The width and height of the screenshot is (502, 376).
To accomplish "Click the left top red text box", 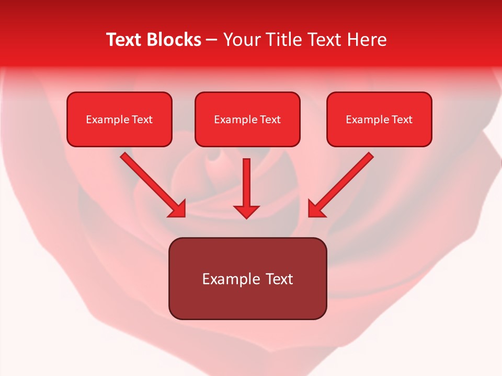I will (119, 119).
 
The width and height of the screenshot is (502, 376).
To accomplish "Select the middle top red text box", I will (247, 119).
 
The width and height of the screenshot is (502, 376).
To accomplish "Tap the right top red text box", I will (379, 119).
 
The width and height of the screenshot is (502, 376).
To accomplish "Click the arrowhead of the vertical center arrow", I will (246, 211).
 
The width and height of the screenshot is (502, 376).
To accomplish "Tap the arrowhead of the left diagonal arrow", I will (178, 209).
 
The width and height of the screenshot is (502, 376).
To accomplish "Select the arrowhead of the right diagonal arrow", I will (316, 209).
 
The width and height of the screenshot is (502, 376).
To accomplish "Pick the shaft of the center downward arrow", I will (246, 180).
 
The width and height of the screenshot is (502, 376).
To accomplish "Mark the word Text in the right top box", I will (402, 120).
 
